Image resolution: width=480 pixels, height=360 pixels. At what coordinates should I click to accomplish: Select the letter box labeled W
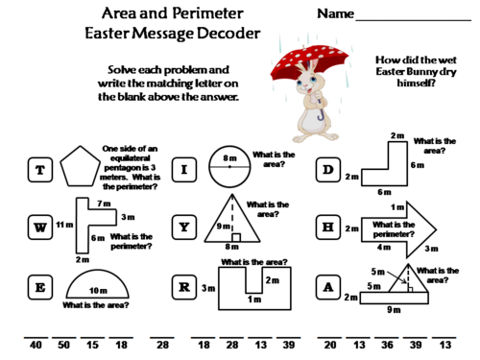point(39,228)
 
